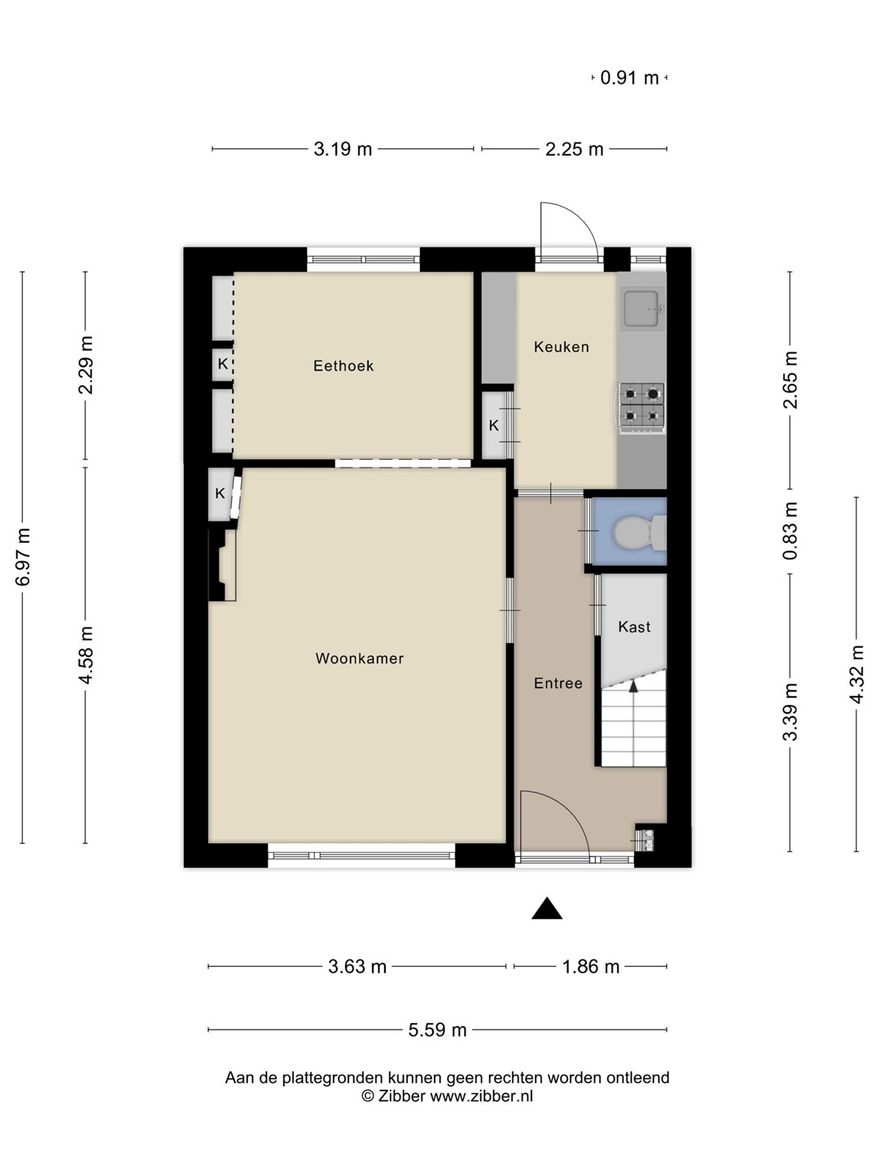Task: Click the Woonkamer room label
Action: pos(359,658)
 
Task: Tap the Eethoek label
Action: pos(343,365)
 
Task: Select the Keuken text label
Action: pos(562,347)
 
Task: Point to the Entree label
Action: pos(558,683)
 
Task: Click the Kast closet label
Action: pos(634,627)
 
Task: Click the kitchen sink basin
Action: pos(642,308)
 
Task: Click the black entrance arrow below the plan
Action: pos(546,908)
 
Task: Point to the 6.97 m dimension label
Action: pos(23,557)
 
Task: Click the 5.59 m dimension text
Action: pos(437,1030)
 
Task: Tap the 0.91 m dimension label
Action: pos(629,78)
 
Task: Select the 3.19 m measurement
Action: pos(343,149)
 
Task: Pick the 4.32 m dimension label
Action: pos(856,675)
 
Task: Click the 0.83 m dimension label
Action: pos(789,531)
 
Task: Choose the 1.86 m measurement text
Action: pos(591,966)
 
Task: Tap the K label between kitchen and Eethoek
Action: pos(494,426)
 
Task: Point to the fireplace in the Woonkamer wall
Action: pos(223,565)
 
